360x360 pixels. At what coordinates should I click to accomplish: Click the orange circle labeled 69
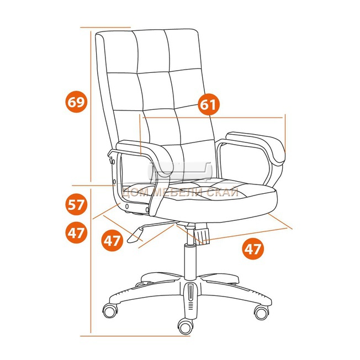76,102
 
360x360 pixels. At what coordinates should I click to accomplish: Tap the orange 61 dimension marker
209,105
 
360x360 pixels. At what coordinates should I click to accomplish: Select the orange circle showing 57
76,204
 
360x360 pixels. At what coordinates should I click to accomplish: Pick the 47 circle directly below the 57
76,234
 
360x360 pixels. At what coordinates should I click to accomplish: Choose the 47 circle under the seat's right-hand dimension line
253,248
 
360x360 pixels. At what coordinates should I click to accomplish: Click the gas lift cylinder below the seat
190,262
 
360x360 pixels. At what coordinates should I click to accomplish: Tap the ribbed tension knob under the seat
202,234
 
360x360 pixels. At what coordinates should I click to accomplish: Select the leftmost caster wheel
110,311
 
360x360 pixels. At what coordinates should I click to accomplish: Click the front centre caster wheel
186,327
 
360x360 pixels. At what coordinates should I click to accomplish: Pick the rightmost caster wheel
262,313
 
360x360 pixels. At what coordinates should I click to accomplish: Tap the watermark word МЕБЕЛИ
178,192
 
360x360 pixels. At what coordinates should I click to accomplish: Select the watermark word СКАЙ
223,192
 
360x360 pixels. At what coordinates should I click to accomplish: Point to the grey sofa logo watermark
181,171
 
